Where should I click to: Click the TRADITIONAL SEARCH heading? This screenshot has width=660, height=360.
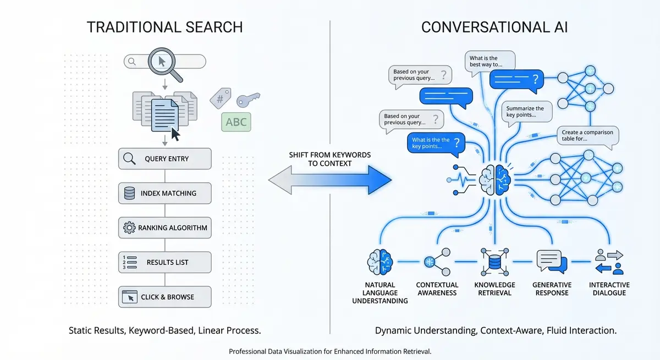click(x=164, y=27)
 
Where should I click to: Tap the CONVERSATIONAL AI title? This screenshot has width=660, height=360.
click(x=495, y=27)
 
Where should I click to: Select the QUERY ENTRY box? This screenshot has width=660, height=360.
click(x=165, y=159)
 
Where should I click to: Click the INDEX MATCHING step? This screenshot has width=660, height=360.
click(x=165, y=193)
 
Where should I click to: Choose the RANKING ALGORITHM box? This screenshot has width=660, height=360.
click(x=165, y=228)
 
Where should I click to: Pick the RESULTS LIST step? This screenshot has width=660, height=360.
click(x=165, y=262)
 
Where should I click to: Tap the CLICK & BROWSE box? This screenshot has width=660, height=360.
click(x=165, y=297)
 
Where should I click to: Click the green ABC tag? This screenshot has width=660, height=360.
click(x=236, y=122)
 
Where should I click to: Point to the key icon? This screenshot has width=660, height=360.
click(x=248, y=100)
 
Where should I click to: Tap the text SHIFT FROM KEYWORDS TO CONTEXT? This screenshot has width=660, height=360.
click(x=330, y=159)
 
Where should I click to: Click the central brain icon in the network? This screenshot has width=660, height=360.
click(x=495, y=177)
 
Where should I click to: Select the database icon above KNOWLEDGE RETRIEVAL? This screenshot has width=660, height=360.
click(x=494, y=262)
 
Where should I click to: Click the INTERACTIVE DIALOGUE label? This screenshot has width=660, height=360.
click(x=609, y=289)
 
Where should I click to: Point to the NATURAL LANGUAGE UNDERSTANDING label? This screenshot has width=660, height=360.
click(x=380, y=292)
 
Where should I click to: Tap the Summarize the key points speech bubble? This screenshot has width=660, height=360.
click(x=525, y=113)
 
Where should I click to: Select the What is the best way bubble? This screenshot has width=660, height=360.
click(x=490, y=62)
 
